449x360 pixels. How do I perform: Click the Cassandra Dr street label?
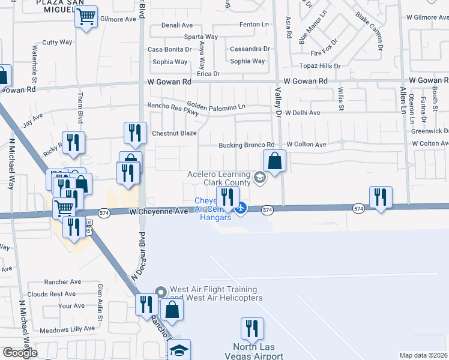(x=250, y=49)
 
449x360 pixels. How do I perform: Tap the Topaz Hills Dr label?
(x=321, y=66)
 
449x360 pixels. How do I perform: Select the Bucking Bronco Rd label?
(x=246, y=145)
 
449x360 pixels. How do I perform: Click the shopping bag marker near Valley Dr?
(x=274, y=161)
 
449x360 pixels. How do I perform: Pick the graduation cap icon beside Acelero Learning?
(x=259, y=176)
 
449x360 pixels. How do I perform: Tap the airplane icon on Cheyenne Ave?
(x=241, y=208)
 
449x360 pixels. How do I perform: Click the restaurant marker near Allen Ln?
(x=381, y=197)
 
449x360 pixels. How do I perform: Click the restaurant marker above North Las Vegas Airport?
(x=252, y=329)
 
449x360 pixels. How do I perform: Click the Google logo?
(x=20, y=353)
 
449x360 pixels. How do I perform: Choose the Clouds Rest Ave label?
(x=51, y=294)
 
